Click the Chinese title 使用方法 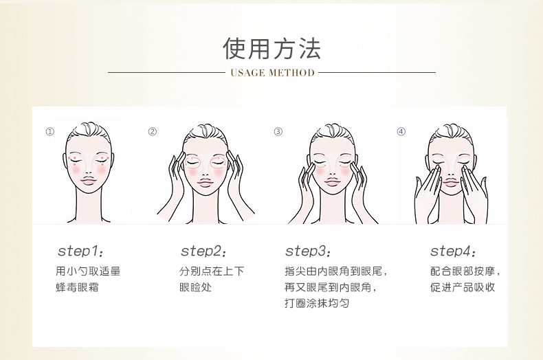[x=272, y=49]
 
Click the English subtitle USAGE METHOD [x=273, y=73]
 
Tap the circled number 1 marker [x=50, y=131]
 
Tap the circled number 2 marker [x=153, y=131]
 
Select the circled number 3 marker [x=278, y=131]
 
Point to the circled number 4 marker [x=401, y=131]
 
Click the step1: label [x=80, y=251]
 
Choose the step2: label [x=203, y=251]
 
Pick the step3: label [x=308, y=251]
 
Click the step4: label [x=453, y=251]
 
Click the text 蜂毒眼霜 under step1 [x=77, y=287]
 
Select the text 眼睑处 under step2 [x=195, y=287]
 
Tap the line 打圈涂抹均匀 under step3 [x=317, y=303]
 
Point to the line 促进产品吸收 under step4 [x=463, y=287]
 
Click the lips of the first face [x=88, y=181]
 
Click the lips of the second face [x=205, y=183]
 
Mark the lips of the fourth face [x=451, y=182]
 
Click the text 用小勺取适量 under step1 [x=88, y=271]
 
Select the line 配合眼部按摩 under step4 [x=463, y=271]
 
